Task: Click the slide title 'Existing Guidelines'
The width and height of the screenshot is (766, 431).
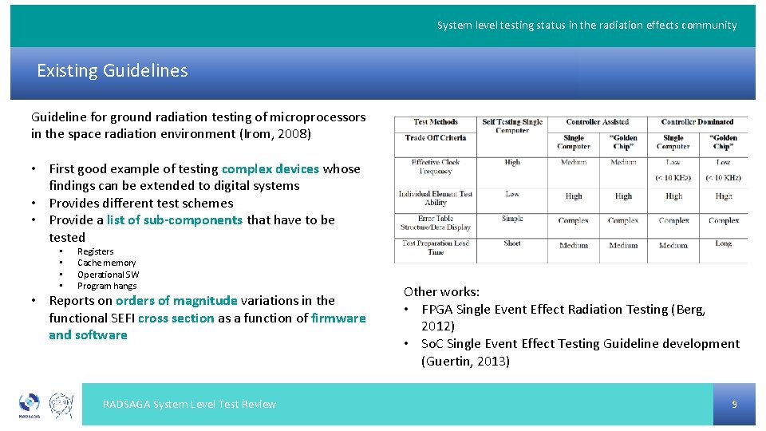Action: tap(113, 70)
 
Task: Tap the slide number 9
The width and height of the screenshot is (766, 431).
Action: tap(734, 405)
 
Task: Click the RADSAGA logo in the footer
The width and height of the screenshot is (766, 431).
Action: tap(30, 405)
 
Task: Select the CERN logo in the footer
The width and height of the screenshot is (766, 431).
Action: tap(61, 404)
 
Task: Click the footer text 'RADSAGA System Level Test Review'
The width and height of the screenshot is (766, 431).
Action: tap(189, 405)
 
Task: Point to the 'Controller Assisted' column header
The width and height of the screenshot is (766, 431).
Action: tap(598, 122)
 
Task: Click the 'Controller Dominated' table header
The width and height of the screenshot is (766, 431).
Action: tap(697, 122)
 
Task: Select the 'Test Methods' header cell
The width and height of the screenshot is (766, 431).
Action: tap(436, 122)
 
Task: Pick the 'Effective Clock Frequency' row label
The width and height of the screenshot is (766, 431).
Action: tap(436, 166)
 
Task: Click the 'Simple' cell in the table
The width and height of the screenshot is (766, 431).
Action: tap(512, 219)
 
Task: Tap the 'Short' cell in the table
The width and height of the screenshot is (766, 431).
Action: tap(512, 243)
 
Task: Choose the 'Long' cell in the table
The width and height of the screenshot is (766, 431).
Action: tap(723, 243)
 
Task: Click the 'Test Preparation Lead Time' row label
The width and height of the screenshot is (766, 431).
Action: tap(436, 247)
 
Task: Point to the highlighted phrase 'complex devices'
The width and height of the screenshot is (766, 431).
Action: tap(270, 169)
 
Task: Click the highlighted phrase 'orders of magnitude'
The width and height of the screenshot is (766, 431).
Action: tap(176, 301)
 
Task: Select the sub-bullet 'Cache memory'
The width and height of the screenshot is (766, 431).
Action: tap(106, 263)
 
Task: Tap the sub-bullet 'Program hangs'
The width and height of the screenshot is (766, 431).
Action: tap(107, 286)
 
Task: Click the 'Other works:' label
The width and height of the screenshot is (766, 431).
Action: tap(441, 292)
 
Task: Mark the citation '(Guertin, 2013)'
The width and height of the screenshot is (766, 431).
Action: tap(465, 361)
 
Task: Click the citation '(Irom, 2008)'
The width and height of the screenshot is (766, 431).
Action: tap(275, 134)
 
